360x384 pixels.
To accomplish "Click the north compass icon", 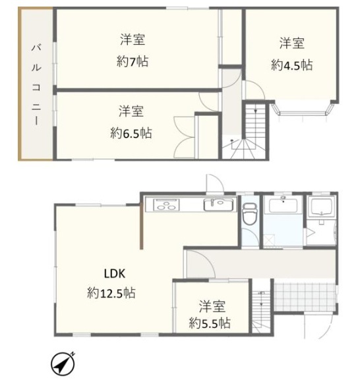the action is [62, 364].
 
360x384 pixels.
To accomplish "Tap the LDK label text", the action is [115, 273].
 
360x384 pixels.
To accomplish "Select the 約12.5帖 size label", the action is [111, 293].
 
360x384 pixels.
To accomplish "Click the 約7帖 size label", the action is [133, 61].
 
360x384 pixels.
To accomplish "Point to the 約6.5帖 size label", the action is [131, 133].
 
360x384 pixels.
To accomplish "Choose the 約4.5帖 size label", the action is [292, 65].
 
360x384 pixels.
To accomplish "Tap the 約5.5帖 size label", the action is [210, 323].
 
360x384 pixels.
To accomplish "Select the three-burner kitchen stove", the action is [166, 205].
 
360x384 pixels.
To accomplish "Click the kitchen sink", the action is [218, 204].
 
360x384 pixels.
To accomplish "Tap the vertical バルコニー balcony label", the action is [36, 85].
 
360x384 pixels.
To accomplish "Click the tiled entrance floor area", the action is [305, 297].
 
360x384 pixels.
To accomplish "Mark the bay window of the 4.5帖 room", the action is [303, 110].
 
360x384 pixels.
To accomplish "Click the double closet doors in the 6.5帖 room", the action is [184, 138].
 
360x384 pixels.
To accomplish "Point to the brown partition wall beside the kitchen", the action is [141, 227].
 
